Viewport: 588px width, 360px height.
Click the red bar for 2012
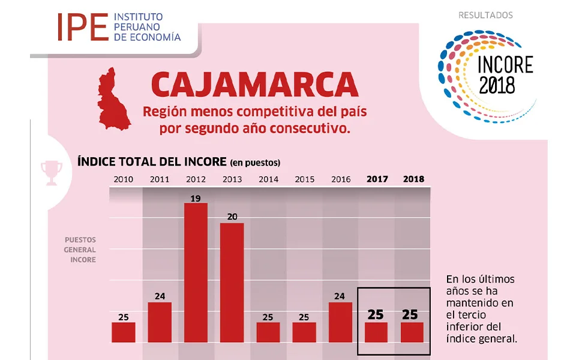pos(196,272)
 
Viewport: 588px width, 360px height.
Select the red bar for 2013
pos(232,283)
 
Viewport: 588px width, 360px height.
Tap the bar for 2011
pos(160,322)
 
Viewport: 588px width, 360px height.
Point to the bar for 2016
pos(340,322)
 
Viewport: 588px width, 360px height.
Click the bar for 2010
pos(124,332)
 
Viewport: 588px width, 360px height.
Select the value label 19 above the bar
pos(196,197)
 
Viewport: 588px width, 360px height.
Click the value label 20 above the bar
pos(232,217)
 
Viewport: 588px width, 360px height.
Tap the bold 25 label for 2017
pos(376,314)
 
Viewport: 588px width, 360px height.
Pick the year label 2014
pos(268,179)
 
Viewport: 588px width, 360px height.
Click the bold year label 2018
pos(413,179)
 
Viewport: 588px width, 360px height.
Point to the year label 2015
pos(304,179)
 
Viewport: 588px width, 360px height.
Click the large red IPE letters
pos(82,27)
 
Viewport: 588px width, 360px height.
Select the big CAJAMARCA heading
pos(254,85)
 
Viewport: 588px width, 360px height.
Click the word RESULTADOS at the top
pos(485,15)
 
